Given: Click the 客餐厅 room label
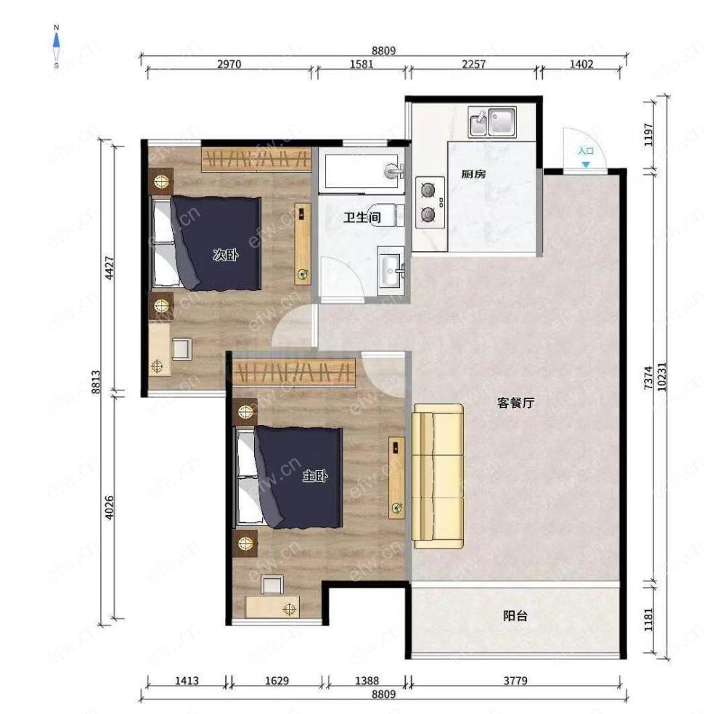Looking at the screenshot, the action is pos(515,403).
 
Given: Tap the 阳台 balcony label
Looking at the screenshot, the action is pos(515,616).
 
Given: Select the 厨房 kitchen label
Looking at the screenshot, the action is pos(473,174).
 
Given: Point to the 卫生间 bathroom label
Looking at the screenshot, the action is pos(362,217).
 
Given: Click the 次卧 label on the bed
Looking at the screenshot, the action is pos(226,255).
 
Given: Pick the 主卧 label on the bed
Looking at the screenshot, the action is pos(315,475).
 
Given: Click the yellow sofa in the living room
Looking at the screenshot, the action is pos(438,476).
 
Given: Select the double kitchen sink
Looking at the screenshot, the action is pos(492,122).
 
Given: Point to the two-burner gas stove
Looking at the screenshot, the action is pos(430,202).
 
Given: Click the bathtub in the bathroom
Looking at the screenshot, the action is pos(362,171).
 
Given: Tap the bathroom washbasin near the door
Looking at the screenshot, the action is pos(391,270).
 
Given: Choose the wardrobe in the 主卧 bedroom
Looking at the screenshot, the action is pos(293,372).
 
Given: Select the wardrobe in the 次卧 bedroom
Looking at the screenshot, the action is pos(256,160).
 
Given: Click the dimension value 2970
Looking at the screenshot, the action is pos(229,64).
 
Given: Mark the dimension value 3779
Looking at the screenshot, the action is pos(515,681).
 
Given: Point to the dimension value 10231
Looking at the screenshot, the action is pos(662,376).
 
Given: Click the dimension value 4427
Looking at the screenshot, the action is pos(110,268).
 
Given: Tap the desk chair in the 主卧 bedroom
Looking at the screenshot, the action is pos(272,584).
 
